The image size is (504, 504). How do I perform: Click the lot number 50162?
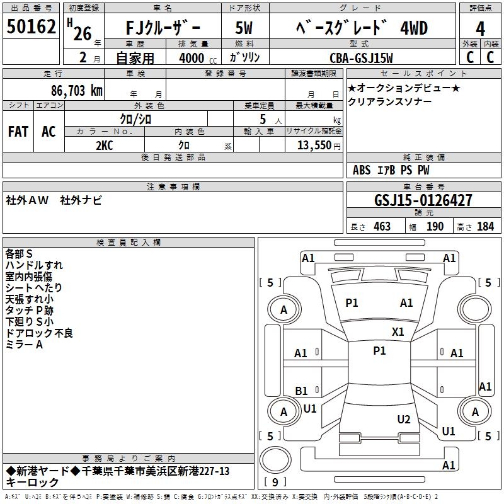pyautogui.click(x=31, y=27)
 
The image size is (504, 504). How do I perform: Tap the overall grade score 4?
pyautogui.click(x=480, y=29)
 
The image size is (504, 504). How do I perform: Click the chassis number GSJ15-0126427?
pyautogui.click(x=423, y=200)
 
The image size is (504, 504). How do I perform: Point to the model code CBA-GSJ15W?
pyautogui.click(x=361, y=58)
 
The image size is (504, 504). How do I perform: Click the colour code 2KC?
pyautogui.click(x=105, y=144)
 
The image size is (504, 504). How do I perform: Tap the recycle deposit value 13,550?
pyautogui.click(x=313, y=145)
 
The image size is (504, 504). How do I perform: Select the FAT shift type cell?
pyautogui.click(x=18, y=131)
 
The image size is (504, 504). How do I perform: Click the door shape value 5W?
pyautogui.click(x=244, y=29)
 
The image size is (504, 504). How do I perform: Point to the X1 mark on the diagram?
pyautogui.click(x=398, y=332)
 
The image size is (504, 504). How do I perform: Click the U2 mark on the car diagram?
pyautogui.click(x=404, y=420)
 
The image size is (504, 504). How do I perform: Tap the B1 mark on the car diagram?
pyautogui.click(x=302, y=391)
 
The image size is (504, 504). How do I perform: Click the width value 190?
pyautogui.click(x=435, y=226)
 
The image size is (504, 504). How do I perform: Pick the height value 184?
pyautogui.click(x=485, y=226)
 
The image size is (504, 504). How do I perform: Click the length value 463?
pyautogui.click(x=382, y=226)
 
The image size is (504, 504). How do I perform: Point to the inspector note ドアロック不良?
pyautogui.click(x=39, y=333)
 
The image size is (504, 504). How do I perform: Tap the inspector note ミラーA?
pyautogui.click(x=24, y=345)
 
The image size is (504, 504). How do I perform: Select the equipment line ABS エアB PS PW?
pyautogui.click(x=391, y=170)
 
